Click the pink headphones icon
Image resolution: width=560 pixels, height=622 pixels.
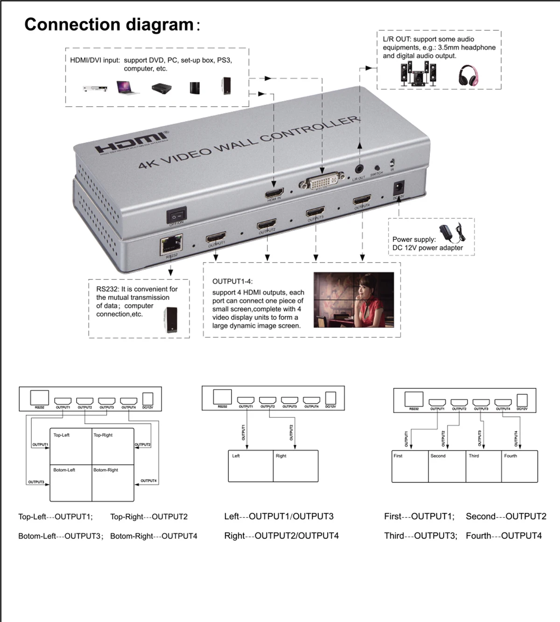coord(468,75)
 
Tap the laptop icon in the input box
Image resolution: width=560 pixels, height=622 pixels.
coord(127,87)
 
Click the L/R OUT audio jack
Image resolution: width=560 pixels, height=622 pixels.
coord(359,168)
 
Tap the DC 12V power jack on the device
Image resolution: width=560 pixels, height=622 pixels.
coord(399,189)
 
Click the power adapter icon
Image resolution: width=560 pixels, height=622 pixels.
coord(451,232)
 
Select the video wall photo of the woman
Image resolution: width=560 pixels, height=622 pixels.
coord(354,300)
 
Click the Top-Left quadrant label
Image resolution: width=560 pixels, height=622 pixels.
coord(62,435)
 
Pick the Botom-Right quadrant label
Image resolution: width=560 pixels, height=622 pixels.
coord(106,470)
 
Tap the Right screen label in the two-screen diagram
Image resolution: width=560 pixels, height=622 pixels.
coord(281,456)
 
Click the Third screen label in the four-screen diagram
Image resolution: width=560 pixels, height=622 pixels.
coord(474,456)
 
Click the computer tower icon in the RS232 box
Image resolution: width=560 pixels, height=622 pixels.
coord(171,320)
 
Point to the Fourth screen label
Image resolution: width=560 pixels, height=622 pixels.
coord(511,456)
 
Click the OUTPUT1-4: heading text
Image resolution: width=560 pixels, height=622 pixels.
coord(232,281)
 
